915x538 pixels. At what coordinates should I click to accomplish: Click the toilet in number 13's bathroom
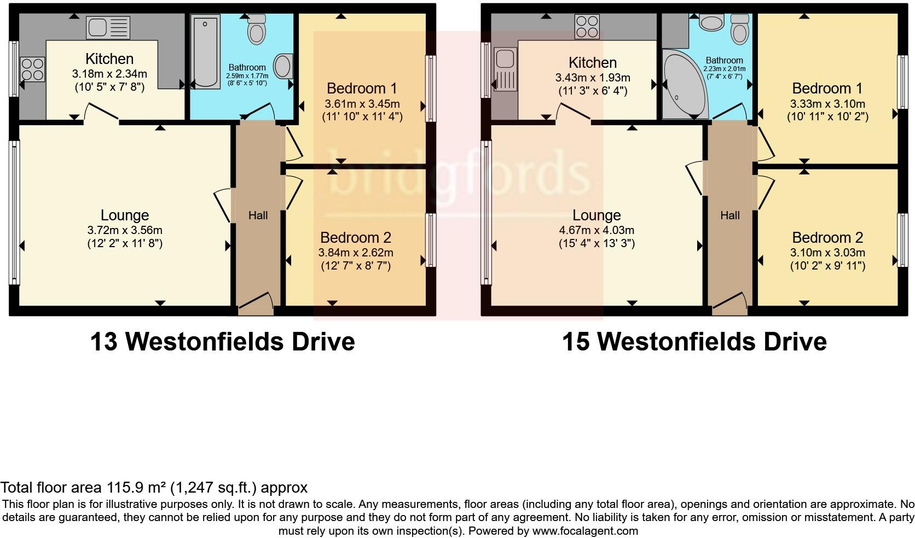coord(256,29)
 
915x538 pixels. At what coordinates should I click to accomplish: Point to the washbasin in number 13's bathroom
coord(283,66)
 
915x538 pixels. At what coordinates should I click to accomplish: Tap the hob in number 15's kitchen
coord(587,26)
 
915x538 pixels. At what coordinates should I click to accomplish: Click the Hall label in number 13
coord(258,215)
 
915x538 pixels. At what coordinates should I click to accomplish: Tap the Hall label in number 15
coord(730,215)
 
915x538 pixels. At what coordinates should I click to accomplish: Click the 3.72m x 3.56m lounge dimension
coord(125,230)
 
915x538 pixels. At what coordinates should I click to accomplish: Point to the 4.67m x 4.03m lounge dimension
coord(597,230)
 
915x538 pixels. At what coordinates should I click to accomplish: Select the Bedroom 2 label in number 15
coord(827,238)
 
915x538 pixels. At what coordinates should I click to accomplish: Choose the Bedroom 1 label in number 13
coord(362,89)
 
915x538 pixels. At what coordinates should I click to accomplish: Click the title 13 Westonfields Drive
coord(222,342)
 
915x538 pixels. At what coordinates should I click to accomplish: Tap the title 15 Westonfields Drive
coord(694,342)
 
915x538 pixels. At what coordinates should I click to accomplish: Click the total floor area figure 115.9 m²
coord(140,488)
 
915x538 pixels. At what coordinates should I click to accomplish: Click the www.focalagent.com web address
coord(585,530)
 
